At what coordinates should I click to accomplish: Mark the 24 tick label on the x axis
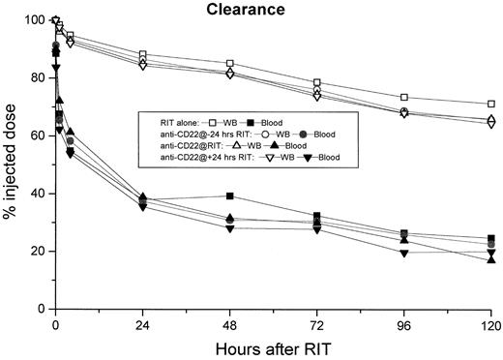tap(143, 325)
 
